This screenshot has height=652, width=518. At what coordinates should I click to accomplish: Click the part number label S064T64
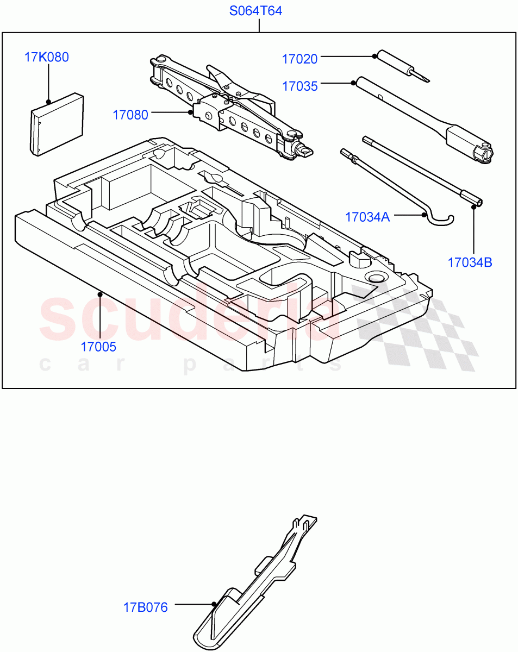tap(255, 11)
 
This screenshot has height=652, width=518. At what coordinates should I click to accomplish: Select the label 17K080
tap(47, 57)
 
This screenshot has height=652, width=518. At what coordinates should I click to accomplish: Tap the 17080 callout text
tap(130, 115)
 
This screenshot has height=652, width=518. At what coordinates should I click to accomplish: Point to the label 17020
tap(299, 59)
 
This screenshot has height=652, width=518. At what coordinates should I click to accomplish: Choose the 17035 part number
tap(299, 86)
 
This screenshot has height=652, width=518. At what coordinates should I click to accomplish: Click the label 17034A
tap(367, 217)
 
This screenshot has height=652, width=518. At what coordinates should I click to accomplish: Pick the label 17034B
tap(470, 262)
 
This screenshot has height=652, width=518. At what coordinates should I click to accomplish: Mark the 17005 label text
tap(98, 346)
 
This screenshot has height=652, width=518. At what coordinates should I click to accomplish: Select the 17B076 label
tap(145, 607)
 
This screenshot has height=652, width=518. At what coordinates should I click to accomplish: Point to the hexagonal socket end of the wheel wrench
tap(483, 153)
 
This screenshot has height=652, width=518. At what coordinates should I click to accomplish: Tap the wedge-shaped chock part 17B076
tap(250, 587)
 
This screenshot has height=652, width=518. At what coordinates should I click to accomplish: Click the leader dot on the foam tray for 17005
tap(100, 294)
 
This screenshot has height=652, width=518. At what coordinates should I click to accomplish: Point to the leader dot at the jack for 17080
tap(190, 112)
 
